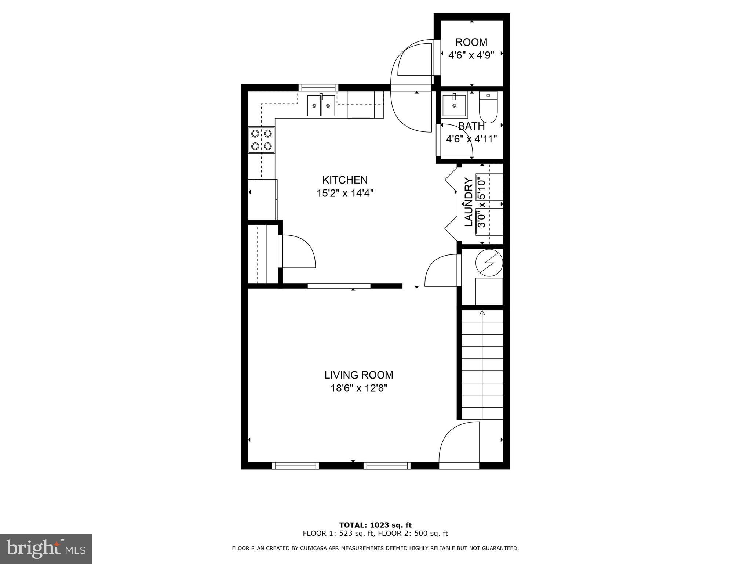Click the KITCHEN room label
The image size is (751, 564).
click(344, 180)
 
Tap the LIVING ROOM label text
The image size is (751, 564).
click(358, 375)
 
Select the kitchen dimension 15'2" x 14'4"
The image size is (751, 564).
click(345, 193)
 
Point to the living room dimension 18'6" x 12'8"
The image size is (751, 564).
click(359, 388)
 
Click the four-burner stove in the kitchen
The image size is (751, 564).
click(261, 140)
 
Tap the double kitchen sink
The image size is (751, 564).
click(321, 106)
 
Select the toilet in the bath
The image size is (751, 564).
click(488, 108)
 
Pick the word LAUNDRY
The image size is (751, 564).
click(469, 202)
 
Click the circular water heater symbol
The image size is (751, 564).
click(489, 263)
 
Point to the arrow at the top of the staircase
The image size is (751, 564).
click(482, 313)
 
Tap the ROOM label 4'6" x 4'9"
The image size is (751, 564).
click(471, 48)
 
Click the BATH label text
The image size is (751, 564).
click(471, 126)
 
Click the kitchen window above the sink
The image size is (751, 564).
click(318, 87)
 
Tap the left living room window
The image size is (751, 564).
click(295, 466)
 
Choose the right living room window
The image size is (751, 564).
click(387, 466)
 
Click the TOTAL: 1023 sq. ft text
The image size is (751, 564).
click(375, 525)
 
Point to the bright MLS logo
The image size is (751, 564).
click(45, 549)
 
